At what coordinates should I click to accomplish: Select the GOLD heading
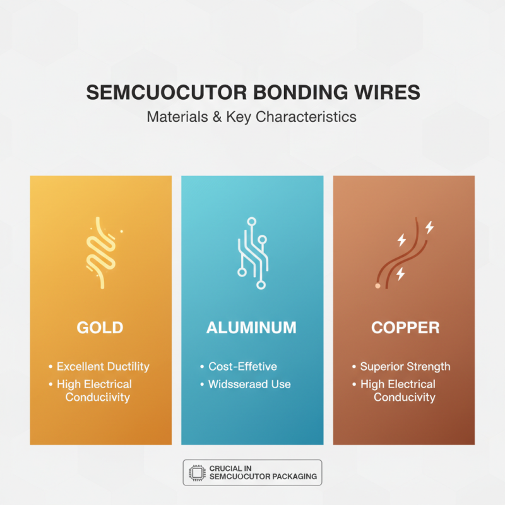(100, 328)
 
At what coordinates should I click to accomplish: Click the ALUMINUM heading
(251, 328)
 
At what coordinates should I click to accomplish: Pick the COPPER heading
(404, 328)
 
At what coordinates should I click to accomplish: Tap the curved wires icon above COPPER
(403, 252)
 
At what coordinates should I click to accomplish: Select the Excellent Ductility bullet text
(103, 366)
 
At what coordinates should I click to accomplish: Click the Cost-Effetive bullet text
(242, 366)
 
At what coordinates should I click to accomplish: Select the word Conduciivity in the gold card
(98, 397)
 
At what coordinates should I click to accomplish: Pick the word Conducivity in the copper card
(404, 397)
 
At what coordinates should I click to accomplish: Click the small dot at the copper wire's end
(377, 286)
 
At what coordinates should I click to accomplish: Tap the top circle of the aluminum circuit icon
(251, 222)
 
